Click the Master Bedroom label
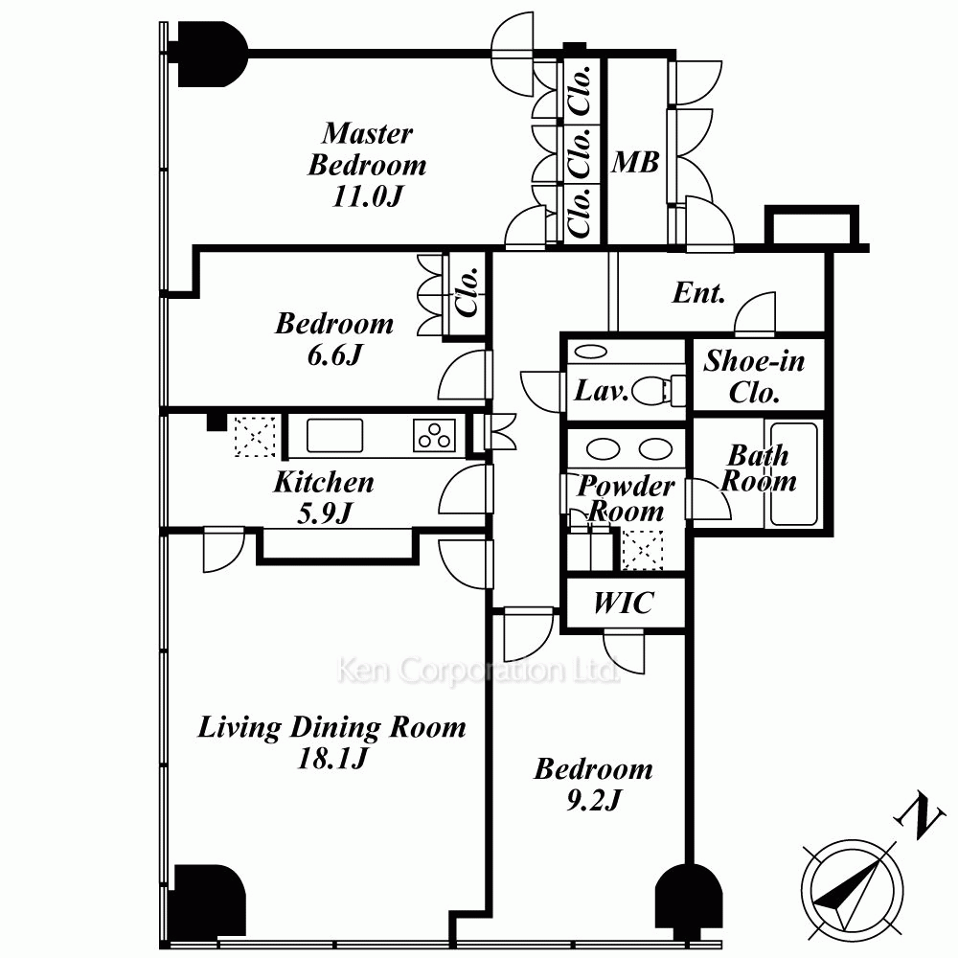(x=367, y=148)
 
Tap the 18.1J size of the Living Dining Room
(x=331, y=759)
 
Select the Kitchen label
(x=323, y=482)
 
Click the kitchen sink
(x=334, y=436)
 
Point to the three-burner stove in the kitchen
(x=434, y=436)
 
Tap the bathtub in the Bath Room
(x=793, y=474)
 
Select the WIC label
(x=624, y=603)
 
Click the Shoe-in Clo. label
(x=755, y=376)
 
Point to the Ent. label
(x=699, y=292)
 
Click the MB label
(x=635, y=163)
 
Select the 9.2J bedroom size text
(x=593, y=800)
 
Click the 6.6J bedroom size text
(x=334, y=354)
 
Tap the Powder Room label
(x=626, y=498)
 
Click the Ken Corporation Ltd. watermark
(x=477, y=670)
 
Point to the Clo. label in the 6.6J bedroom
(x=468, y=292)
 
